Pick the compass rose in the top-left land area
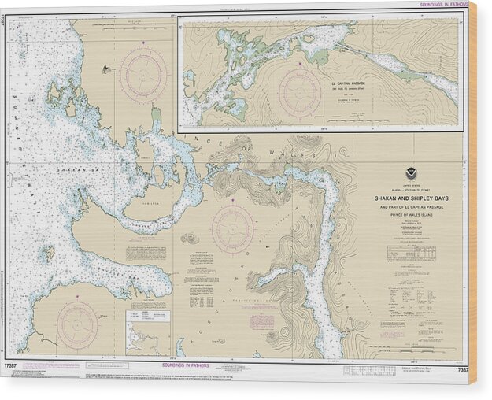pyautogui.click(x=142, y=75)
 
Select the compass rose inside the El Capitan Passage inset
pyautogui.click(x=300, y=92)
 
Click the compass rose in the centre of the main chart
pyautogui.click(x=232, y=230)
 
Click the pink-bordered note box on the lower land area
pyautogui.click(x=261, y=321)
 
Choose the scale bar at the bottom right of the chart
pyautogui.click(x=409, y=331)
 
